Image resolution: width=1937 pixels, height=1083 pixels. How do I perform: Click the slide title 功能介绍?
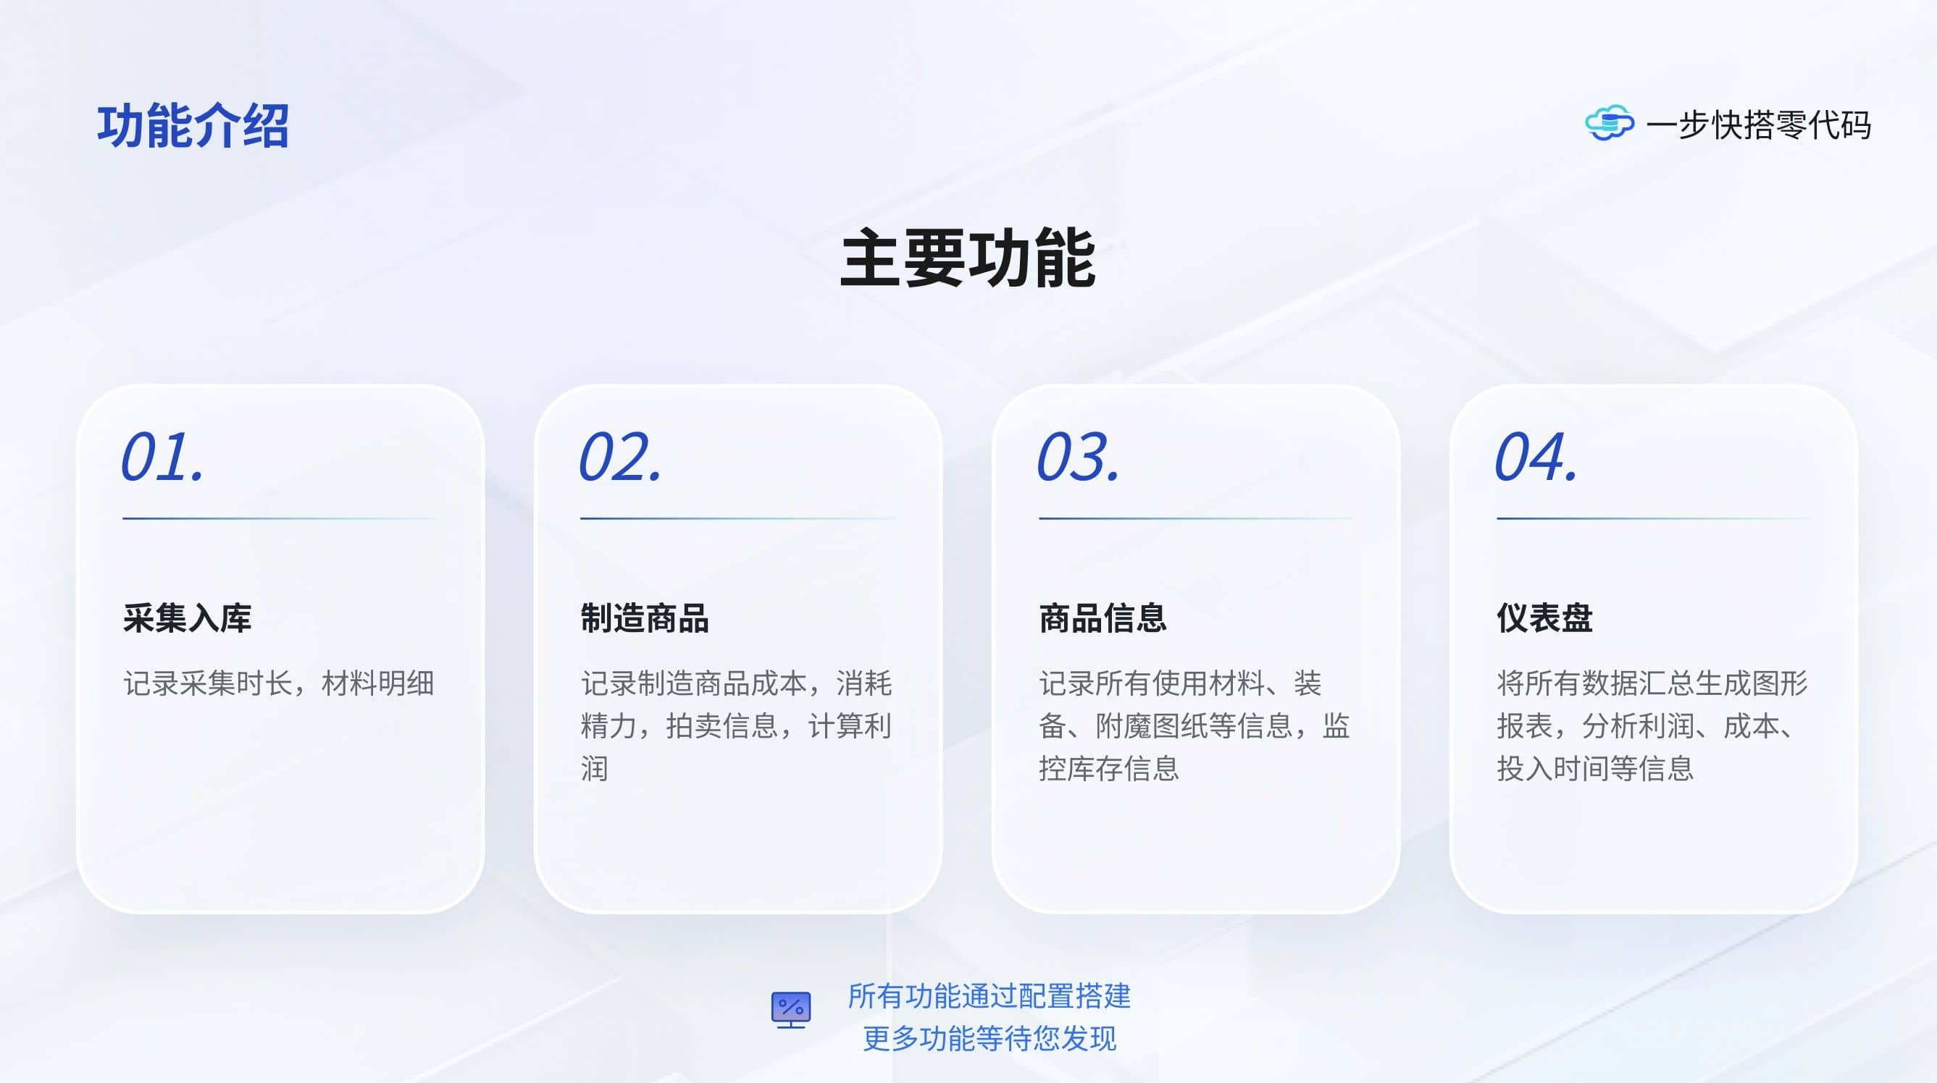[x=193, y=125]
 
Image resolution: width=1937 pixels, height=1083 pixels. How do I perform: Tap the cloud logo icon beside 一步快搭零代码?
[x=1609, y=123]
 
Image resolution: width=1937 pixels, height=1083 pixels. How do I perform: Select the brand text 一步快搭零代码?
[x=1758, y=125]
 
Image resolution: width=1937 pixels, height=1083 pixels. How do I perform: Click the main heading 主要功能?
[x=968, y=258]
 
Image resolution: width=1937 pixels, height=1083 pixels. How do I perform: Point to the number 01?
[x=162, y=457]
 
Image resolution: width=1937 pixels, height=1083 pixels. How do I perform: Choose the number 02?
[x=620, y=457]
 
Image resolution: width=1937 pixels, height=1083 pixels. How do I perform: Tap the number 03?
[x=1079, y=457]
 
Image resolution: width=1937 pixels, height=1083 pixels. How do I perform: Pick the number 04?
[x=1536, y=457]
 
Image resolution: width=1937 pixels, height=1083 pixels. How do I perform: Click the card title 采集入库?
[x=187, y=618]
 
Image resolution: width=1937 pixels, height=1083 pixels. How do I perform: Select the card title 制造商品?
[x=645, y=618]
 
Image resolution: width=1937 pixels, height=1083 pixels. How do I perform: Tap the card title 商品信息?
[x=1103, y=618]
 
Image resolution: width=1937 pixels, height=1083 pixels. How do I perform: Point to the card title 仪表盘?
[x=1544, y=618]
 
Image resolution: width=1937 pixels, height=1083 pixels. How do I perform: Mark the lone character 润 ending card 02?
[x=595, y=769]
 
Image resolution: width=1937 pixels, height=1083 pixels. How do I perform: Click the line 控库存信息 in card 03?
[x=1109, y=769]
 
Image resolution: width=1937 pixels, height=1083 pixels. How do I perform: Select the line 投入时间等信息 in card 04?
[x=1595, y=769]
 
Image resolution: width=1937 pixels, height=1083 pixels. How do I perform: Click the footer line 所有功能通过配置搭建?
[x=990, y=997]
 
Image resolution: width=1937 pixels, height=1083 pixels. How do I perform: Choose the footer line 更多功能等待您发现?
[x=990, y=1039]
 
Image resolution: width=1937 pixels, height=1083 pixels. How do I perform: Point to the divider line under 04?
[x=1654, y=518]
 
